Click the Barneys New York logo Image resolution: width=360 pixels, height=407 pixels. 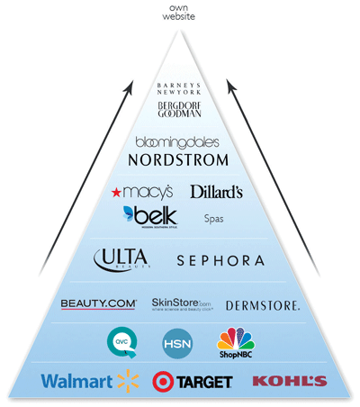click(x=179, y=89)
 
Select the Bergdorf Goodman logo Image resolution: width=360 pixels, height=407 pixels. click(x=178, y=111)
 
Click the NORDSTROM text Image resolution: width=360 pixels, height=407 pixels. click(x=178, y=159)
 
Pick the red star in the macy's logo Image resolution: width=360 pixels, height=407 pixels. click(x=115, y=192)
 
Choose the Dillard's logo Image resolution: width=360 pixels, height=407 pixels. click(x=216, y=191)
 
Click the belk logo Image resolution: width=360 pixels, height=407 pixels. click(x=149, y=216)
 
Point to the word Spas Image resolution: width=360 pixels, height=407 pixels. click(x=213, y=219)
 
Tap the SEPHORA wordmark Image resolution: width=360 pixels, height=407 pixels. click(x=220, y=260)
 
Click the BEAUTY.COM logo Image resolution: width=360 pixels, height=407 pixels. click(x=98, y=304)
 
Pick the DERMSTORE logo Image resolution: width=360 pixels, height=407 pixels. click(x=262, y=305)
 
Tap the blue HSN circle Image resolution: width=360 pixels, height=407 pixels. click(x=176, y=344)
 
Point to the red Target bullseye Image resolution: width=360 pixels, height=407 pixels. click(x=164, y=381)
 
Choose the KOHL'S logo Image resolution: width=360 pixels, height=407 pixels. click(x=289, y=381)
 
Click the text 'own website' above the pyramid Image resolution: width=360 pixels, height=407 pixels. click(x=179, y=13)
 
